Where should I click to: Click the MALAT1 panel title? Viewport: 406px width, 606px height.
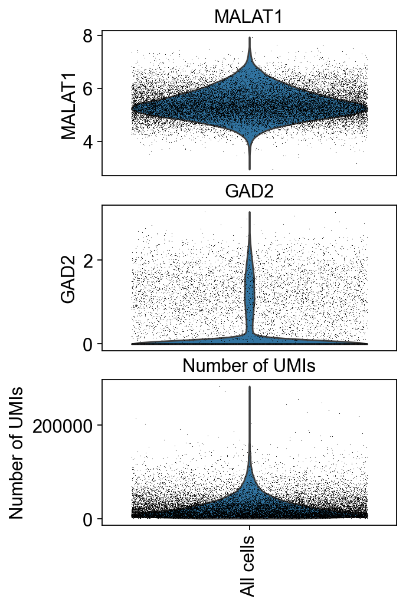click(248, 17)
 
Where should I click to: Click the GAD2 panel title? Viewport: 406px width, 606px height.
click(248, 192)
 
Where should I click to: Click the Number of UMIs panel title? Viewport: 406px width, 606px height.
click(248, 366)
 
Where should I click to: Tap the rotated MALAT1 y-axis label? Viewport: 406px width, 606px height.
click(69, 103)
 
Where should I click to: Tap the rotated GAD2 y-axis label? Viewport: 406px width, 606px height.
click(69, 278)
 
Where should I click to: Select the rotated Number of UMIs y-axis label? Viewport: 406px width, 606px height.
click(18, 452)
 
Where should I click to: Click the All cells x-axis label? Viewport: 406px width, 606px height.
click(248, 566)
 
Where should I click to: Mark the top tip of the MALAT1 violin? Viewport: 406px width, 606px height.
click(250, 38)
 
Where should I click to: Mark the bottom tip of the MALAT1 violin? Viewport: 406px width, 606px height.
click(250, 169)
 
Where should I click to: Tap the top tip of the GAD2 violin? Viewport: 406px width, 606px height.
click(250, 212)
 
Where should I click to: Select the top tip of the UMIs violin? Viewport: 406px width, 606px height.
click(250, 387)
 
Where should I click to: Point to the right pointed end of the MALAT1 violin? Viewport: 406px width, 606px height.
click(367, 109)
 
